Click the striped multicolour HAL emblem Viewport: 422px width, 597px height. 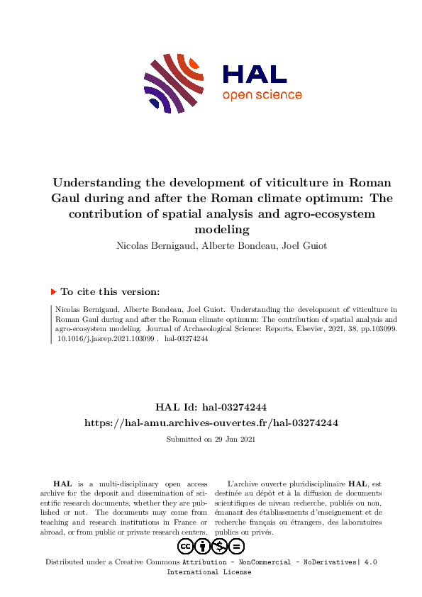click(x=174, y=82)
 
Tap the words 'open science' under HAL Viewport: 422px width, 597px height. click(x=262, y=95)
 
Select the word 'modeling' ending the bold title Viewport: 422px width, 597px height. click(x=222, y=229)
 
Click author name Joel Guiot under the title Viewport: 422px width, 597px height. click(x=304, y=246)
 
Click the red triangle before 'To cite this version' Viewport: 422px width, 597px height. click(x=53, y=291)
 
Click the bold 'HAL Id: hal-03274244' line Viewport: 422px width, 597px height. click(x=211, y=407)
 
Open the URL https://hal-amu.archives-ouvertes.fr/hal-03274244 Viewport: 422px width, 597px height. click(x=211, y=423)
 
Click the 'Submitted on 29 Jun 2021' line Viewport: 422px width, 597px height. click(x=211, y=440)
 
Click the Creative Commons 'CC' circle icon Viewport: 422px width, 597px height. click(x=185, y=546)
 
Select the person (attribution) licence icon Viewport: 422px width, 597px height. click(x=202, y=546)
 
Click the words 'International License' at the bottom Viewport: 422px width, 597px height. click(x=209, y=571)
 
